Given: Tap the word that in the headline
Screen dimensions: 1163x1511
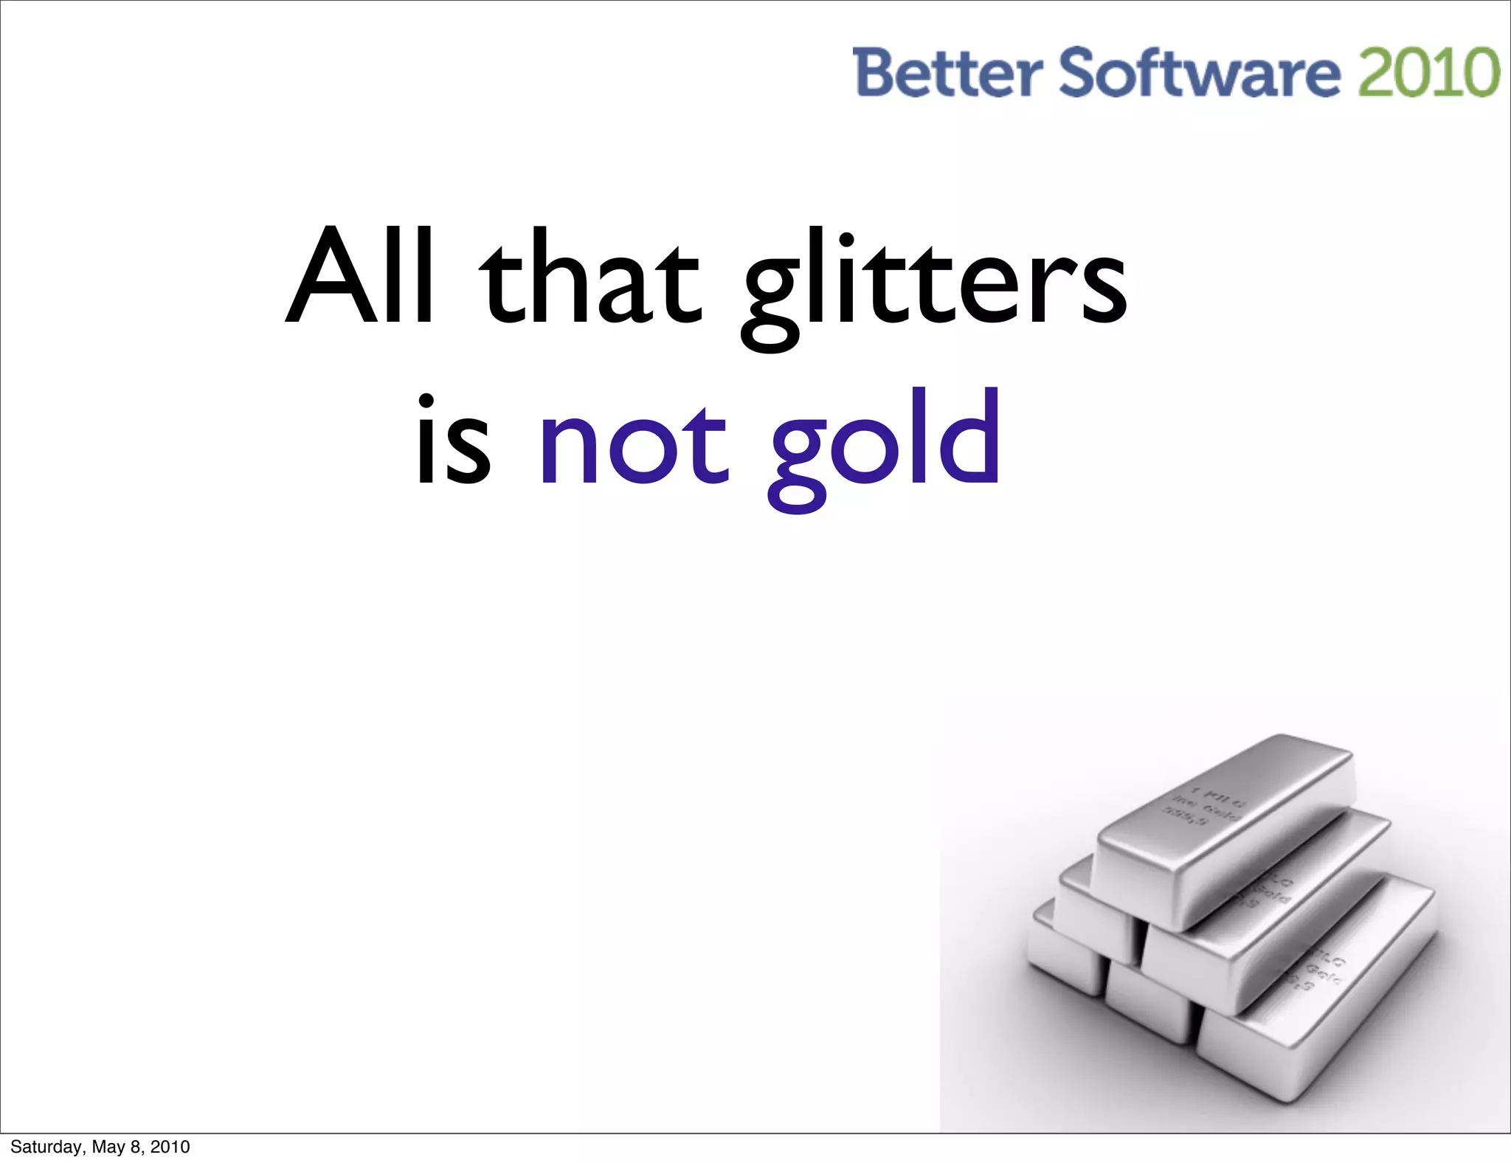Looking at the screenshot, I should coord(590,277).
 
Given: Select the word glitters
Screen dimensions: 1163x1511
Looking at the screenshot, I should coord(934,284).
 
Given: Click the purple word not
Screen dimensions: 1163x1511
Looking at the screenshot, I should coord(634,446).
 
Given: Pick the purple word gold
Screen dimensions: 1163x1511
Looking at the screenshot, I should coord(885,446).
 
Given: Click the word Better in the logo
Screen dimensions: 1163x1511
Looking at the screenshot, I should coord(947,72).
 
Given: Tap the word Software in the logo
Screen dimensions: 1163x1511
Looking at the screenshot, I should coord(1199,72).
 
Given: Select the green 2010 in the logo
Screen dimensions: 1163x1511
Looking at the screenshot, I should coord(1428,72).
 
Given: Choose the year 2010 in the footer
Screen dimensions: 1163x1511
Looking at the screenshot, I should coord(170,1147).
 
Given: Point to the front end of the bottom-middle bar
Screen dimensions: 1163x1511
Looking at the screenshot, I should coord(1149,1000).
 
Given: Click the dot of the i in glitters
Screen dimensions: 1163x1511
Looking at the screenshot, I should coord(846,240).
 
